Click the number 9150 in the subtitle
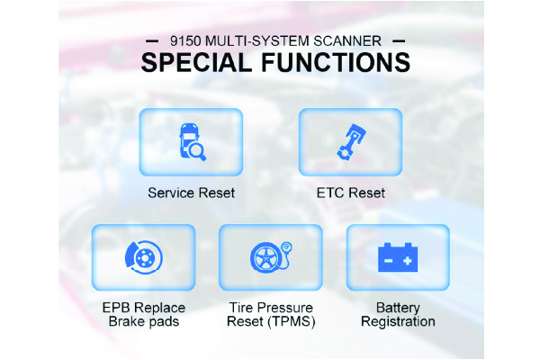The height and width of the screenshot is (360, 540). click(185, 41)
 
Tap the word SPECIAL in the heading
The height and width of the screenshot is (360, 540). click(196, 63)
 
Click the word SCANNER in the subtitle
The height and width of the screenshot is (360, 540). click(347, 41)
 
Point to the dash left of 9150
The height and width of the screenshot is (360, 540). click(152, 41)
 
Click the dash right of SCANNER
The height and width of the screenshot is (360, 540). click(399, 41)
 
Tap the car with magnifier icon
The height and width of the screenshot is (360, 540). click(193, 142)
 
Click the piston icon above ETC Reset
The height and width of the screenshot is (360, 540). click(351, 142)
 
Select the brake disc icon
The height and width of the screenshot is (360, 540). click(144, 257)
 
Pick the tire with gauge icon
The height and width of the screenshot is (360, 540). click(271, 257)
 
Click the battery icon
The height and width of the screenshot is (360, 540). click(398, 257)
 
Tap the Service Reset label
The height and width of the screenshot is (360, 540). click(192, 193)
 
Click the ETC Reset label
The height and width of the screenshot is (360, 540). click(351, 193)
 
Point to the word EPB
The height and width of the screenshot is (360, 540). click(116, 308)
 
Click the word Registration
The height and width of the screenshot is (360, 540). click(398, 322)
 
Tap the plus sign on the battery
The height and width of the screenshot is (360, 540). click(408, 261)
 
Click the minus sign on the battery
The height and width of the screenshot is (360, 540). click(388, 261)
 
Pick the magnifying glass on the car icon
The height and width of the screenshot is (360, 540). click(198, 152)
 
